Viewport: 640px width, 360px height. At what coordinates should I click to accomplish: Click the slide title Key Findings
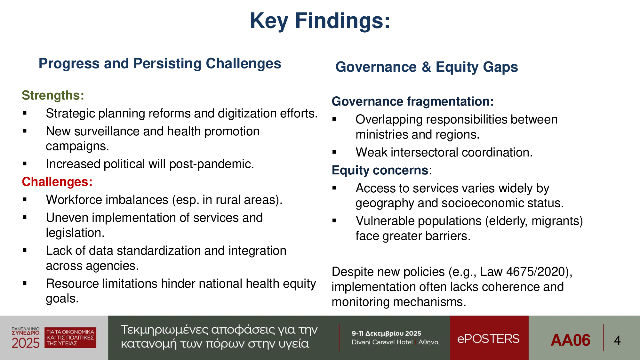click(320, 21)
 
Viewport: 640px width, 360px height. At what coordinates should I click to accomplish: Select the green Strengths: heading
click(53, 95)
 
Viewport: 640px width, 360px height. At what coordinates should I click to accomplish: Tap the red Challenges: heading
click(57, 182)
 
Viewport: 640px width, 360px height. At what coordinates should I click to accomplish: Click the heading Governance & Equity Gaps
click(427, 67)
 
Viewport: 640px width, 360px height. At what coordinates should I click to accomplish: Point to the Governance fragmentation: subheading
click(413, 101)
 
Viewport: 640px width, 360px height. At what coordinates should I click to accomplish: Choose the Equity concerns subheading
click(380, 170)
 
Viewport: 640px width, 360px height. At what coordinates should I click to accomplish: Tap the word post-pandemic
click(212, 164)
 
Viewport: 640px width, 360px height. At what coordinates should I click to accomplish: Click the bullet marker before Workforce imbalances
click(25, 200)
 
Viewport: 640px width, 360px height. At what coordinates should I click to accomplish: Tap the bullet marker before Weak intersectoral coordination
click(334, 152)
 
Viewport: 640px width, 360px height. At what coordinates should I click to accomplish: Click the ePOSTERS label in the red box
click(488, 339)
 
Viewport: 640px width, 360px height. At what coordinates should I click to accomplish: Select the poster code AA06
click(571, 340)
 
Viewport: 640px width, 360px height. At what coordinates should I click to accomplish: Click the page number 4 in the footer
click(617, 340)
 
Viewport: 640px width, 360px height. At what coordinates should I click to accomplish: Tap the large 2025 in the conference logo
click(26, 343)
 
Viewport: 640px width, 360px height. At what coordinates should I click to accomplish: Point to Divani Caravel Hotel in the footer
click(382, 342)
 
